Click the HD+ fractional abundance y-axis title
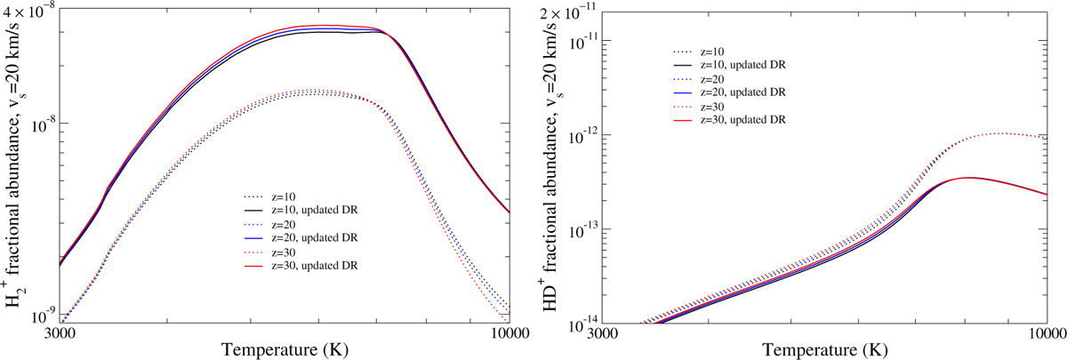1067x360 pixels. (553, 165)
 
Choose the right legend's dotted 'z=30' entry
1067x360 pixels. (719, 106)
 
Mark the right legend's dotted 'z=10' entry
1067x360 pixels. (719, 51)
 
